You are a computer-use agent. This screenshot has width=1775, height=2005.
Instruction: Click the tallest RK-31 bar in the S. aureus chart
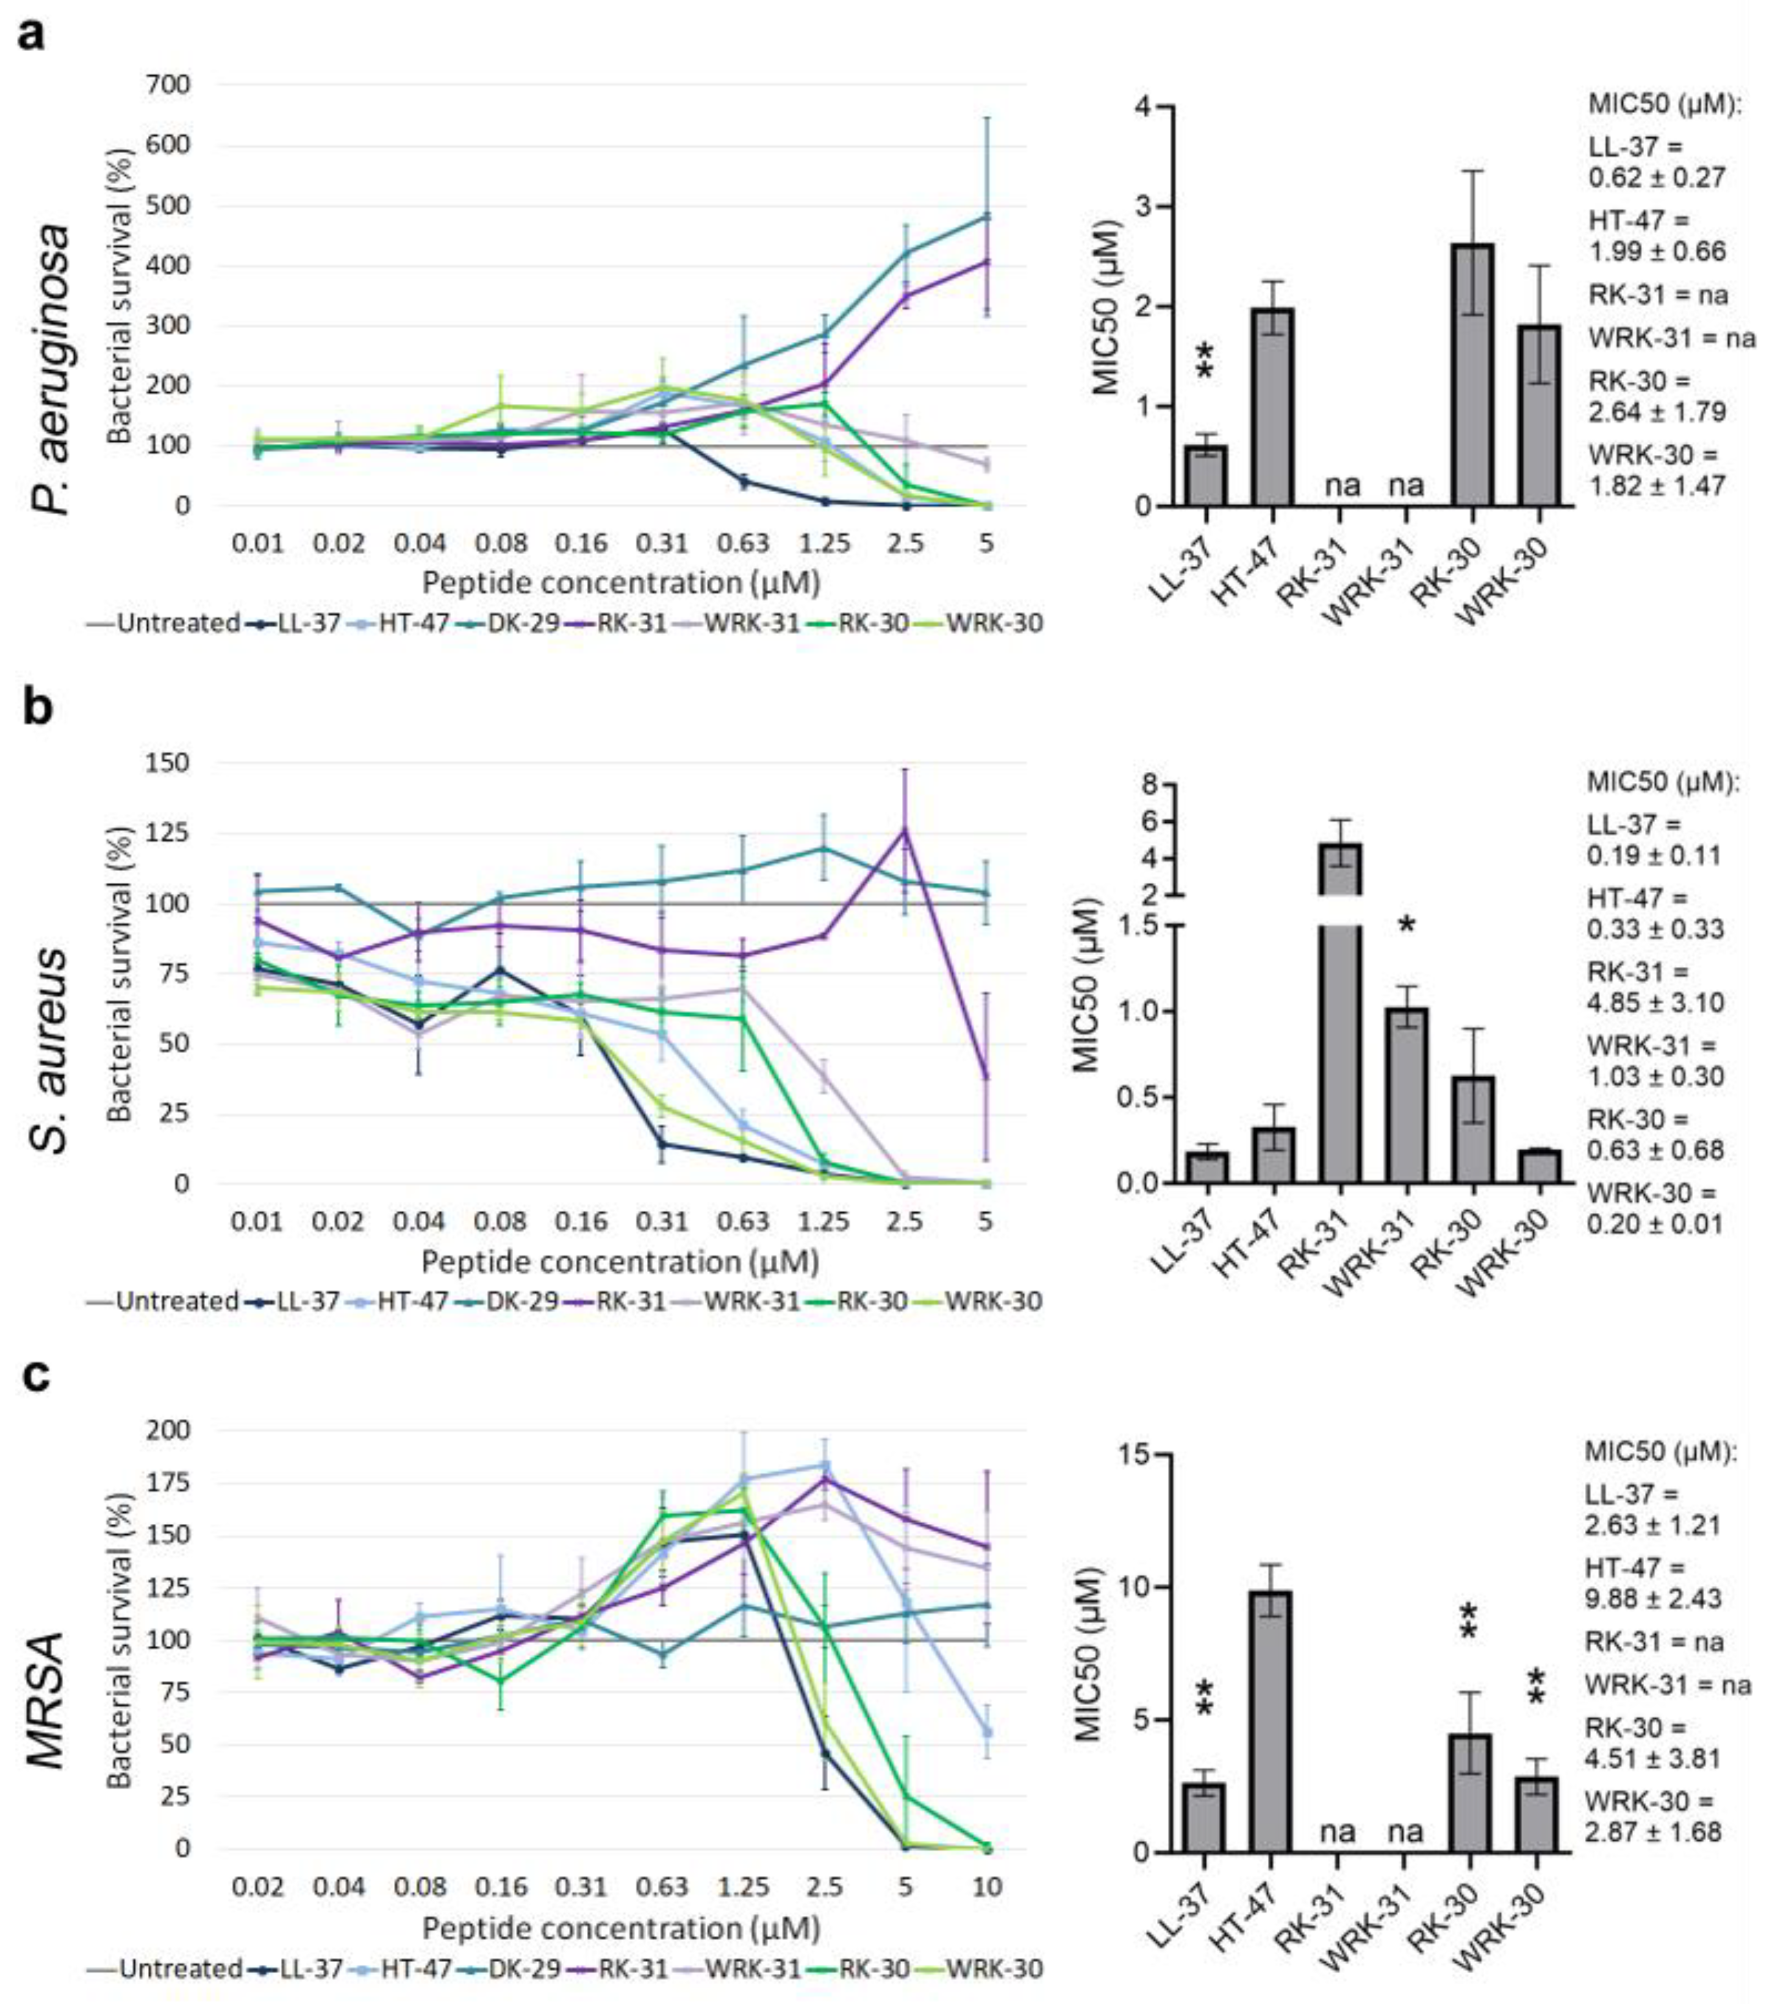[x=1340, y=1010]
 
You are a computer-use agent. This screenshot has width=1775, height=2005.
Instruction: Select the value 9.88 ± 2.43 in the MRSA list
[x=1654, y=1599]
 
